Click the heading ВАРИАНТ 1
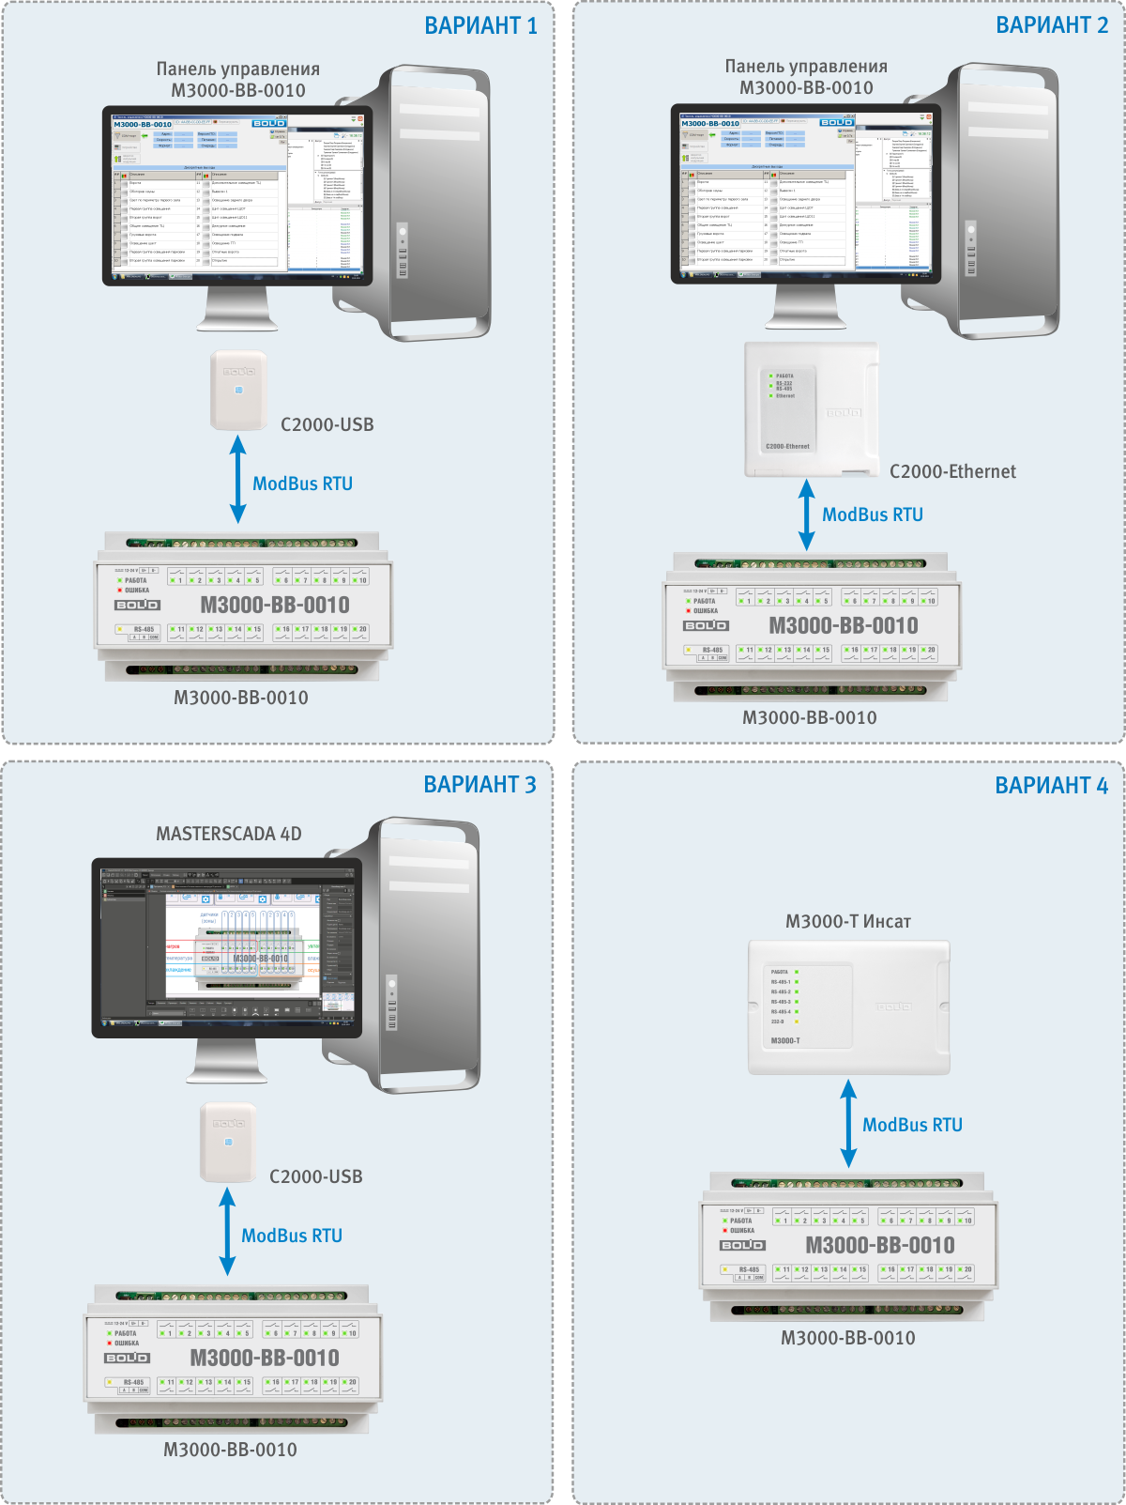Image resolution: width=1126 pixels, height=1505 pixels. click(x=480, y=26)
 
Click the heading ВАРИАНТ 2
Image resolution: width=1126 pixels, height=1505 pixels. click(x=1052, y=25)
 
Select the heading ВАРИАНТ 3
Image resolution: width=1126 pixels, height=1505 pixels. click(x=479, y=785)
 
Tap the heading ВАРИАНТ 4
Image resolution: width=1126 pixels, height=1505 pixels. click(x=1051, y=786)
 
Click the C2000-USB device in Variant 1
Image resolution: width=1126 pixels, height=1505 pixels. click(x=238, y=390)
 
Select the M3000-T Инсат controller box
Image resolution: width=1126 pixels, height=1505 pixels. click(x=848, y=1007)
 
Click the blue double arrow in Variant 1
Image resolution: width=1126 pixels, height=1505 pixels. click(x=238, y=480)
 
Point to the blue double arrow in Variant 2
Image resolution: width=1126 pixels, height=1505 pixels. click(x=806, y=514)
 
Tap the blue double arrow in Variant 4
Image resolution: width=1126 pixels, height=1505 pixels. click(x=848, y=1124)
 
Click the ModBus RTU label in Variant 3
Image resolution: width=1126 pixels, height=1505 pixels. click(x=292, y=1236)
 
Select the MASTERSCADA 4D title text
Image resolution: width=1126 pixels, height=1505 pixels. click(x=229, y=834)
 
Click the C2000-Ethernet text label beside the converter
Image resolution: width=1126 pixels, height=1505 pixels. click(x=952, y=471)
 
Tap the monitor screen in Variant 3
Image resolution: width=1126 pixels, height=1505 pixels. click(x=227, y=942)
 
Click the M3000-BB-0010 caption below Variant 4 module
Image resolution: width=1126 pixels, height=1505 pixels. click(x=848, y=1338)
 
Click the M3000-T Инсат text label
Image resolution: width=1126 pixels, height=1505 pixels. click(x=848, y=921)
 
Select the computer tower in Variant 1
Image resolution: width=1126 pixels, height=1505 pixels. click(x=435, y=202)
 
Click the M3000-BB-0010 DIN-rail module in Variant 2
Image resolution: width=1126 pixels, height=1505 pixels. click(x=811, y=625)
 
